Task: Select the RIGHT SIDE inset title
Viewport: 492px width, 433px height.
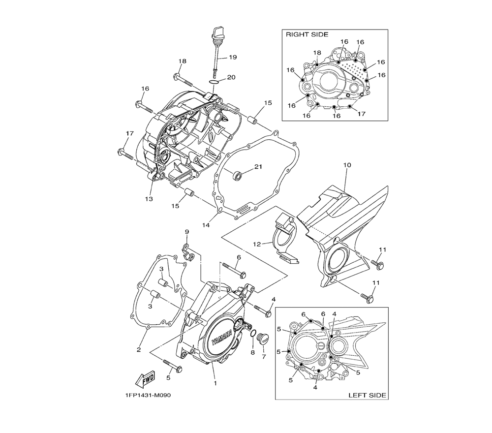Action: (307, 34)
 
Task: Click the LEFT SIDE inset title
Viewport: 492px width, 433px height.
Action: (367, 395)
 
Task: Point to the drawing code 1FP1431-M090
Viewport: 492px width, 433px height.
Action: (148, 395)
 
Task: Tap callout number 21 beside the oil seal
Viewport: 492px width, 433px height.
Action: (258, 167)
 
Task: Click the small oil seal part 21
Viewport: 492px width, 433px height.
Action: (238, 175)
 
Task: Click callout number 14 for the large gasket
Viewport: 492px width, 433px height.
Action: (206, 225)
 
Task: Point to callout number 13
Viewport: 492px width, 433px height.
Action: (149, 199)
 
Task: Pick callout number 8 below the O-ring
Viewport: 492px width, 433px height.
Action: (252, 352)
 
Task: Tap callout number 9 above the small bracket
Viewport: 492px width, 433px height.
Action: (187, 232)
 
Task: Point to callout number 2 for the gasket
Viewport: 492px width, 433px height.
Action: (139, 350)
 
